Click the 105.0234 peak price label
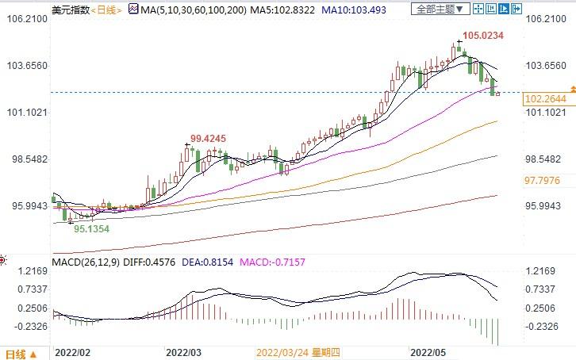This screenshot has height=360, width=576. click(x=483, y=35)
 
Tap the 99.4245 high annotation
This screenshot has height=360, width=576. click(x=209, y=138)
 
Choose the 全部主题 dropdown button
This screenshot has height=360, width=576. click(x=440, y=10)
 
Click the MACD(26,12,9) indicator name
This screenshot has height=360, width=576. click(x=84, y=261)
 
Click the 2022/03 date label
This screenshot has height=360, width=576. click(x=184, y=350)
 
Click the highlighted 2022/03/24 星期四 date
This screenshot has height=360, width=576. click(x=298, y=350)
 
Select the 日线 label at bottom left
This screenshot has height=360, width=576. click(x=17, y=353)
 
